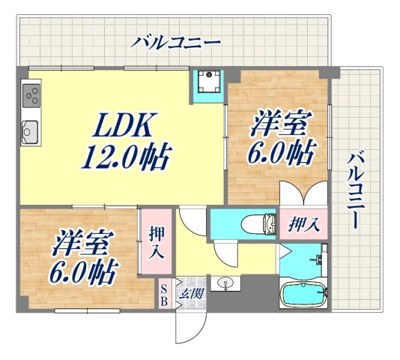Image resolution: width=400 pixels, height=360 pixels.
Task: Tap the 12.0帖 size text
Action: click(x=125, y=158)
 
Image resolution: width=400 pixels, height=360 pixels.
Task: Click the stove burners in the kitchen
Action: click(x=31, y=95)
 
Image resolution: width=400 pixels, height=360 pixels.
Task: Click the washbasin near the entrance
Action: click(x=224, y=283)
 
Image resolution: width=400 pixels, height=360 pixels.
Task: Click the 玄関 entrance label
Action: click(x=190, y=293)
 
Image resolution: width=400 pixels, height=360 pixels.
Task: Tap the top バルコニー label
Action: click(x=176, y=42)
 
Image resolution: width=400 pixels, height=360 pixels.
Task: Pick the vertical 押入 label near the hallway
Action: click(x=155, y=241)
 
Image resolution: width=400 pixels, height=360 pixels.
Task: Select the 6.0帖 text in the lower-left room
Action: click(x=82, y=274)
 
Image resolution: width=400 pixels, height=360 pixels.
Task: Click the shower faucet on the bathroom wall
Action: click(x=318, y=261)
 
